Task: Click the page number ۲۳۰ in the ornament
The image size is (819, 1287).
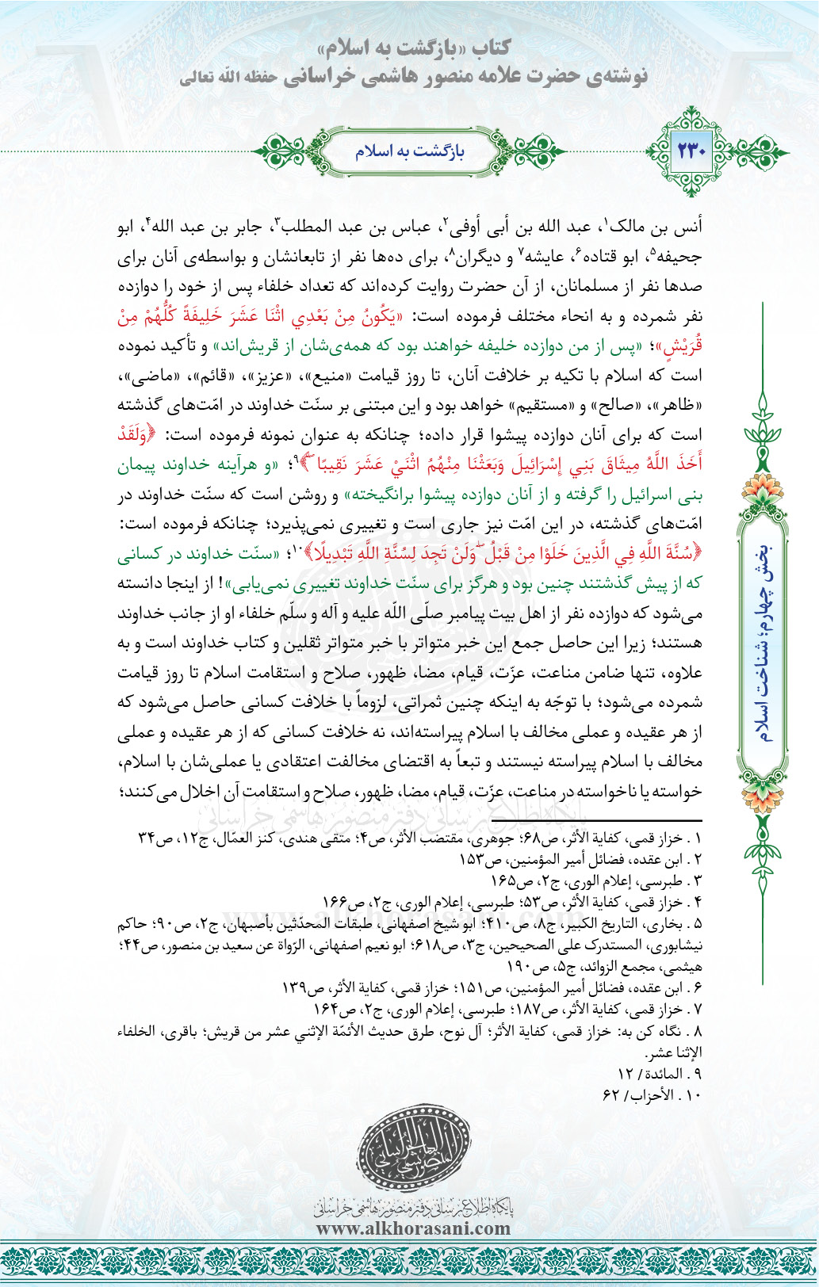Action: click(x=691, y=150)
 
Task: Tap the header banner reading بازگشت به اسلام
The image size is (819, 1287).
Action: click(x=409, y=151)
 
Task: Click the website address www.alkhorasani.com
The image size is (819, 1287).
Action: click(x=413, y=1228)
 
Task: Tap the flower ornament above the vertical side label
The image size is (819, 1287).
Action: click(x=764, y=487)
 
